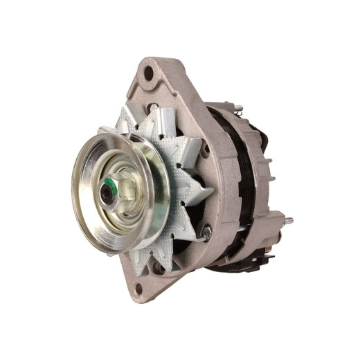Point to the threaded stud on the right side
(285, 221)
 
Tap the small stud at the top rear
(237, 107)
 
